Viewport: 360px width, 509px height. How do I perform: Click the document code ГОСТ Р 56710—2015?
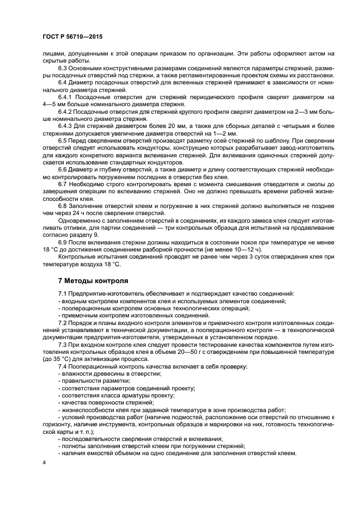pos(72,36)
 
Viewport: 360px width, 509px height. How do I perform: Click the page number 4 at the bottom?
pos(45,462)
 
